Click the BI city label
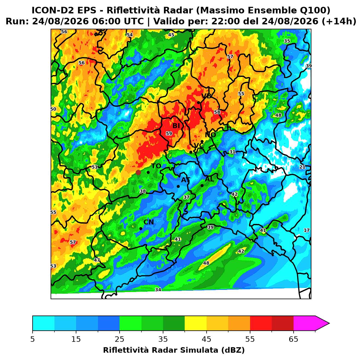click(x=176, y=126)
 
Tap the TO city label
click(x=156, y=166)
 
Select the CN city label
click(x=148, y=222)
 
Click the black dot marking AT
click(x=178, y=186)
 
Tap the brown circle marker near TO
click(x=138, y=172)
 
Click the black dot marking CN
click(x=141, y=228)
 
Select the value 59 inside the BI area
click(x=169, y=133)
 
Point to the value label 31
click(x=232, y=152)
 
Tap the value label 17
click(x=306, y=230)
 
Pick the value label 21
click(x=302, y=167)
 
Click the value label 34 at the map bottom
click(x=158, y=290)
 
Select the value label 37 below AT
click(x=186, y=197)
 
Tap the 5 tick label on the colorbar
click(x=33, y=339)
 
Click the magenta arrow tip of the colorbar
click(x=329, y=323)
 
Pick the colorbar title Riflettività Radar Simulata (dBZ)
click(x=174, y=350)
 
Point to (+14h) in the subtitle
click(x=339, y=21)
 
